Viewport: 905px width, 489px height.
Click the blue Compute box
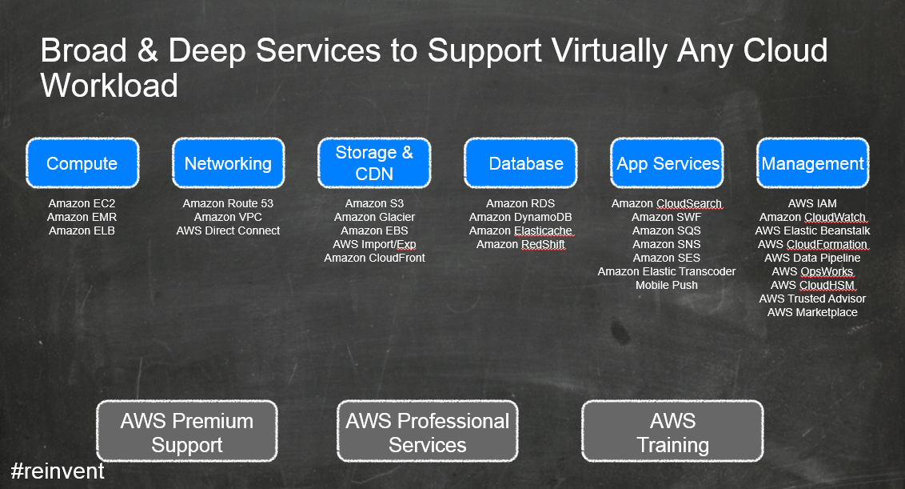coord(82,163)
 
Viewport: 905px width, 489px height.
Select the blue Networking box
coord(229,163)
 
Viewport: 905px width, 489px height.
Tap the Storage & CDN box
coord(375,163)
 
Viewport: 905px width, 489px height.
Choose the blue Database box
coord(520,163)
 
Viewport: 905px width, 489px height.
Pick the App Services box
coord(668,163)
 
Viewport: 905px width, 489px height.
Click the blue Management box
coord(812,163)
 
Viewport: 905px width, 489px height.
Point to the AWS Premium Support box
coord(187,431)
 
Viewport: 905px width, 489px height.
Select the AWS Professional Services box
coord(428,431)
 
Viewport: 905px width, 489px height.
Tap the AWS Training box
coord(672,431)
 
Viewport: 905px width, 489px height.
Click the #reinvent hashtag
coord(58,471)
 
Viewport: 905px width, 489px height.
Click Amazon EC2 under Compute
coord(82,203)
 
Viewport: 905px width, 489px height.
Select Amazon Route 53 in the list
coord(228,203)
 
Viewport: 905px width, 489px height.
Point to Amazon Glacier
coord(375,218)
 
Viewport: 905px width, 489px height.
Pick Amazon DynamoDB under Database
coord(520,218)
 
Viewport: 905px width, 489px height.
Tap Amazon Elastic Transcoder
coord(667,271)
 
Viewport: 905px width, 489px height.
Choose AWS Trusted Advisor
coord(812,299)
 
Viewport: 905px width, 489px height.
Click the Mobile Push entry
coord(667,285)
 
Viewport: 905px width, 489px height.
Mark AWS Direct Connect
coord(228,230)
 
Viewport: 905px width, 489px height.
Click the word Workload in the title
coord(109,86)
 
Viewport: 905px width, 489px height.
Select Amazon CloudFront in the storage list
coord(375,258)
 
